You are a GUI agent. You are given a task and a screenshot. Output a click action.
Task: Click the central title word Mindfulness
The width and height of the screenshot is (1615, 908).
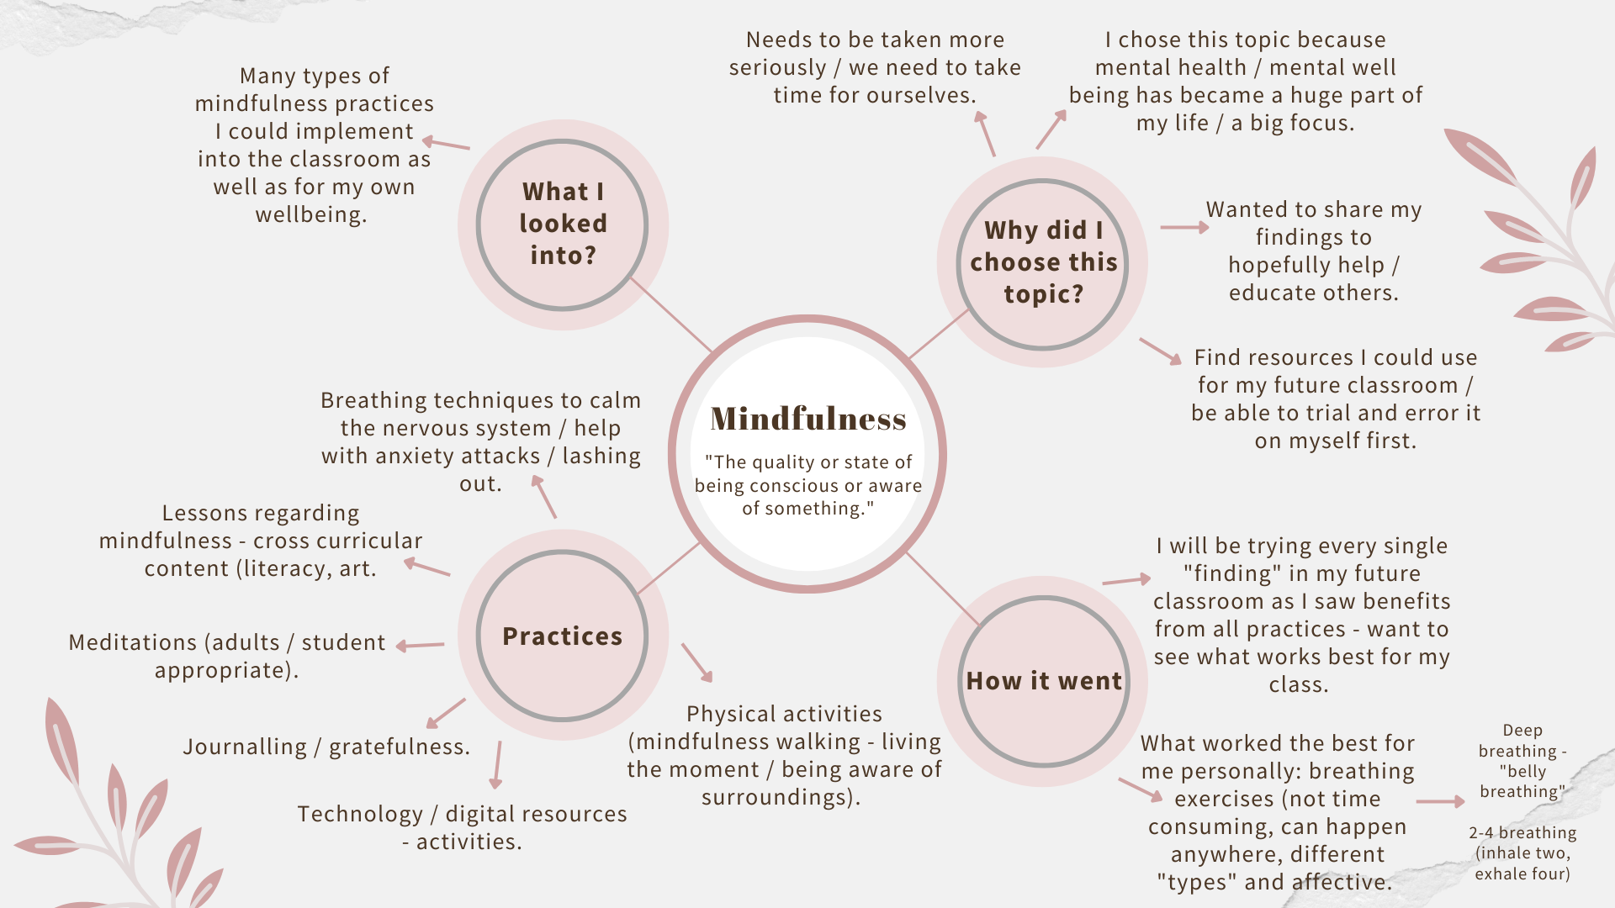pyautogui.click(x=807, y=419)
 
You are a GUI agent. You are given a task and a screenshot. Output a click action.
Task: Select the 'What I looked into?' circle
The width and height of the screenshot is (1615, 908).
pyautogui.click(x=563, y=224)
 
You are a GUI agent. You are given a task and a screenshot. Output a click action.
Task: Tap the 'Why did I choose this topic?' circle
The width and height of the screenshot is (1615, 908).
pyautogui.click(x=1043, y=262)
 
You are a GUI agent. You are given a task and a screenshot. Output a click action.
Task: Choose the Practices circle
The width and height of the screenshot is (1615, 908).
pyautogui.click(x=563, y=636)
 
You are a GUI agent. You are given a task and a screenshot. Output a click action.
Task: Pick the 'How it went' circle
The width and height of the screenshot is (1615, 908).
pyautogui.click(x=1043, y=681)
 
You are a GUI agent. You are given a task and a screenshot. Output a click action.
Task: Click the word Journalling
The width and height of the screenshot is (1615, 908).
pyautogui.click(x=245, y=747)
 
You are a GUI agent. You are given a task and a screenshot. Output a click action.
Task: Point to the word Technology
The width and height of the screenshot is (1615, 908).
pyautogui.click(x=360, y=814)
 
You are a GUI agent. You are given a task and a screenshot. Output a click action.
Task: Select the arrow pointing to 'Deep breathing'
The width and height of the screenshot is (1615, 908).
pyautogui.click(x=1440, y=802)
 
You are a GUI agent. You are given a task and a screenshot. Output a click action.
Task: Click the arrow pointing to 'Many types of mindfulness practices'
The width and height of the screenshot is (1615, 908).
pyautogui.click(x=446, y=144)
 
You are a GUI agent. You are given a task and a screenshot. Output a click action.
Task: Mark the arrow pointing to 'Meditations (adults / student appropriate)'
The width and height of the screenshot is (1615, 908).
pyautogui.click(x=420, y=646)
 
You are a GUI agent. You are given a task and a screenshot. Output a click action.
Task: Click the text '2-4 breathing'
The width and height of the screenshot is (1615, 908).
pyautogui.click(x=1522, y=833)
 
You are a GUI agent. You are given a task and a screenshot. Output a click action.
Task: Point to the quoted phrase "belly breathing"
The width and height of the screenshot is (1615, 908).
pyautogui.click(x=1522, y=781)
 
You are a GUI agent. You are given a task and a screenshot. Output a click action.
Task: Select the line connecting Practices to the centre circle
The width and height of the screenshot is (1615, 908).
pyautogui.click(x=669, y=568)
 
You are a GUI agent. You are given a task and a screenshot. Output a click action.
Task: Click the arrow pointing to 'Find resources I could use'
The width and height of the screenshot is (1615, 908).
pyautogui.click(x=1161, y=351)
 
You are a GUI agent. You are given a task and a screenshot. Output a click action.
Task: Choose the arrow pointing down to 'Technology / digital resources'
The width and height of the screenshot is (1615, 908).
pyautogui.click(x=497, y=764)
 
